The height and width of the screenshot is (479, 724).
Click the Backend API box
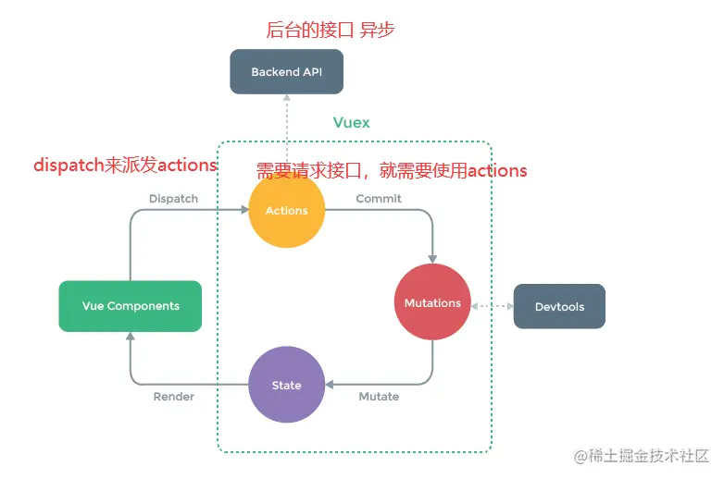click(x=287, y=71)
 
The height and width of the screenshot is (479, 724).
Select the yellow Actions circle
click(x=287, y=210)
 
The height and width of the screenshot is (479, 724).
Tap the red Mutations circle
click(x=432, y=302)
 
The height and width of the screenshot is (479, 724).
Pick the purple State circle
click(x=287, y=385)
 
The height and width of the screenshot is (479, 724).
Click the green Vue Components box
click(x=131, y=306)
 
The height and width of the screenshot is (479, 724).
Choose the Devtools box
click(x=559, y=306)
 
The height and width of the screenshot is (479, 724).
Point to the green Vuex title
click(x=352, y=122)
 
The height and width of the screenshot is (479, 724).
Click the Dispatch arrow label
click(x=173, y=198)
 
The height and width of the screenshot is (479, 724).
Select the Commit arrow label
click(x=379, y=198)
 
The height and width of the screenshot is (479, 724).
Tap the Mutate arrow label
click(x=379, y=397)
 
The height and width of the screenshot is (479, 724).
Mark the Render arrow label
click(x=173, y=397)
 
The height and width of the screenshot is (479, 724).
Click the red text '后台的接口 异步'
click(x=331, y=30)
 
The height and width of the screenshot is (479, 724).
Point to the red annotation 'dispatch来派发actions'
click(x=125, y=166)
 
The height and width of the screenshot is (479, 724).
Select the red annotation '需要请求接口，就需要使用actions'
click(x=392, y=170)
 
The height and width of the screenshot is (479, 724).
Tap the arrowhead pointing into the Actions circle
click(x=243, y=210)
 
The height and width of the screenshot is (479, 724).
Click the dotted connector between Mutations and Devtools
click(x=492, y=306)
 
